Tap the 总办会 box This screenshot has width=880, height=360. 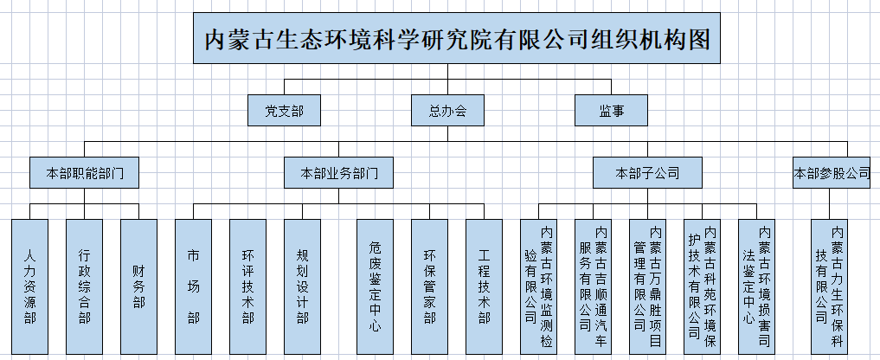pyautogui.click(x=447, y=111)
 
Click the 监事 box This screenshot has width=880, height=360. pyautogui.click(x=611, y=111)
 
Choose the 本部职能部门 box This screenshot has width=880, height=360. pyautogui.click(x=84, y=173)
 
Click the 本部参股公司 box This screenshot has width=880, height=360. pyautogui.click(x=832, y=173)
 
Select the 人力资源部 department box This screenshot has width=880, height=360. pyautogui.click(x=29, y=287)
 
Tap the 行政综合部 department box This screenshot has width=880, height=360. pyautogui.click(x=84, y=287)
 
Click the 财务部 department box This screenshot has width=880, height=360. pyautogui.click(x=138, y=287)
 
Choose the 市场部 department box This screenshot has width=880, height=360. pyautogui.click(x=193, y=287)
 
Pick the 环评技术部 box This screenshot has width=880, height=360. pyautogui.click(x=247, y=287)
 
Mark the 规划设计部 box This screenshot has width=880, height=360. pyautogui.click(x=302, y=287)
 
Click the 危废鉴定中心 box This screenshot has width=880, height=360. pyautogui.click(x=375, y=287)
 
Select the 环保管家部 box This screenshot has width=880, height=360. pyautogui.click(x=429, y=287)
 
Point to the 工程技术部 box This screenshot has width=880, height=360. pyautogui.click(x=484, y=287)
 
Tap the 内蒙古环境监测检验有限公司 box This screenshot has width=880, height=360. pyautogui.click(x=538, y=287)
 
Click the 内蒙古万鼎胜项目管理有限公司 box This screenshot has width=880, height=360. pyautogui.click(x=647, y=287)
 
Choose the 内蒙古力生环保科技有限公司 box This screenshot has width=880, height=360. pyautogui.click(x=829, y=287)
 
